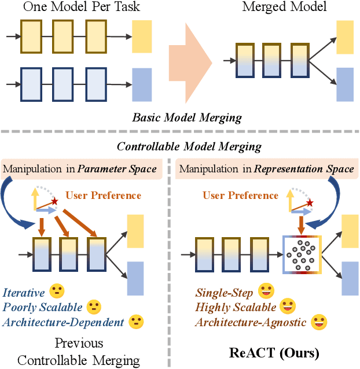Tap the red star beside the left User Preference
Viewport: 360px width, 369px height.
click(54, 201)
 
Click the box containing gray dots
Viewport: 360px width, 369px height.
click(302, 254)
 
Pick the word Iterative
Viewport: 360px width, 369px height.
click(23, 291)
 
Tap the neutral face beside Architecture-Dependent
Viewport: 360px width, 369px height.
click(136, 321)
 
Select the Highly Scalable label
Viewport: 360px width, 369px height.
click(235, 307)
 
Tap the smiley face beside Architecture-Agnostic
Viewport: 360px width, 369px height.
click(318, 321)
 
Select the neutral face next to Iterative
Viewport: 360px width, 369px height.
click(56, 291)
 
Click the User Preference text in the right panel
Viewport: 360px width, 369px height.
click(240, 195)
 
